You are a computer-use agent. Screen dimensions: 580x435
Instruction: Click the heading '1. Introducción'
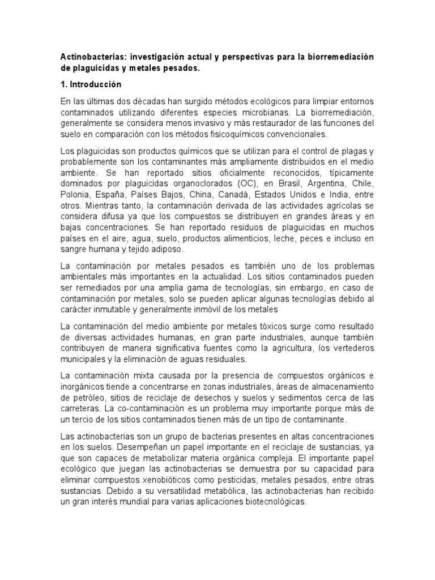(91, 84)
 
